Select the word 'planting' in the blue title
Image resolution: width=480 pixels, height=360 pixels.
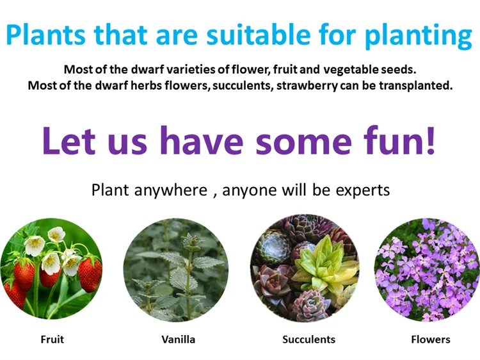[x=418, y=36]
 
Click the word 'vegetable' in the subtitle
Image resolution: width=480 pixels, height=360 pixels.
[x=351, y=70]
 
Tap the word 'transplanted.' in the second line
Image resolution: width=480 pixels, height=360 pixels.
[x=416, y=85]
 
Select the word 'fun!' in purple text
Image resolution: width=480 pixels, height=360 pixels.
[x=399, y=140]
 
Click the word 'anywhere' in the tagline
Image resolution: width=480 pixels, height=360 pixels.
[x=171, y=190]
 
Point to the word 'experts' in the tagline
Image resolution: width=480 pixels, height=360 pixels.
[x=363, y=191]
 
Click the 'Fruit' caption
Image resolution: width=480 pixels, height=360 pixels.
[x=52, y=340]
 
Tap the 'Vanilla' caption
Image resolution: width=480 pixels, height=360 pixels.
[x=179, y=340]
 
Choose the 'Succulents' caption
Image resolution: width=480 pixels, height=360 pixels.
[x=309, y=340]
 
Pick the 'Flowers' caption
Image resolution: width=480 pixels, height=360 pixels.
[x=431, y=340]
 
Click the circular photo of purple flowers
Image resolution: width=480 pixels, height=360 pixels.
[x=427, y=270]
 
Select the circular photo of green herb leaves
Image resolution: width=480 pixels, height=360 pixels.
[x=176, y=270]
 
